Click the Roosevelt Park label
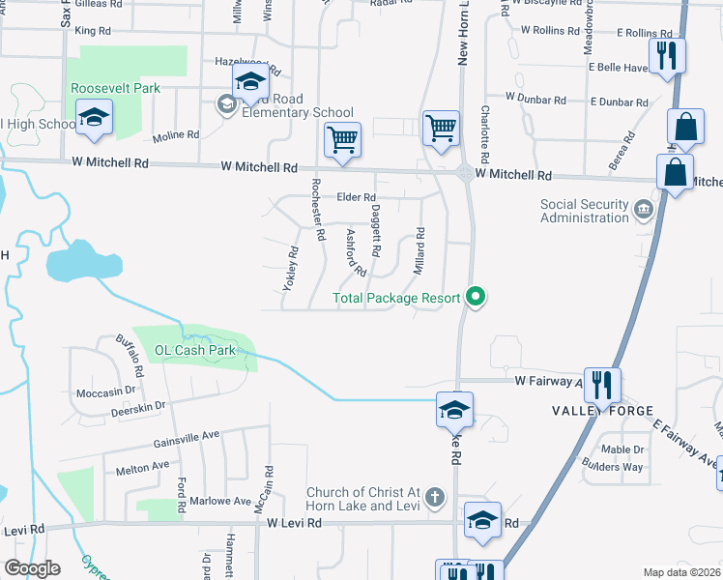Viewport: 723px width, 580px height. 115,88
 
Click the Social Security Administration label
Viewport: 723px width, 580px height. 584,211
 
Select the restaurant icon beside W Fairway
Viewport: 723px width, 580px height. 602,384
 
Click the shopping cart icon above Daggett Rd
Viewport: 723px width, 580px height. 342,138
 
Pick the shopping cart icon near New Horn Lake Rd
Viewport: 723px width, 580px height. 441,127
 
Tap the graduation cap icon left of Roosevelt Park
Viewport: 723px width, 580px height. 95,118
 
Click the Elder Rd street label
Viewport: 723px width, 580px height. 355,197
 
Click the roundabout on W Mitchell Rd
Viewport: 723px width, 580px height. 465,175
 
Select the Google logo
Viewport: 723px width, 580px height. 31,568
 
